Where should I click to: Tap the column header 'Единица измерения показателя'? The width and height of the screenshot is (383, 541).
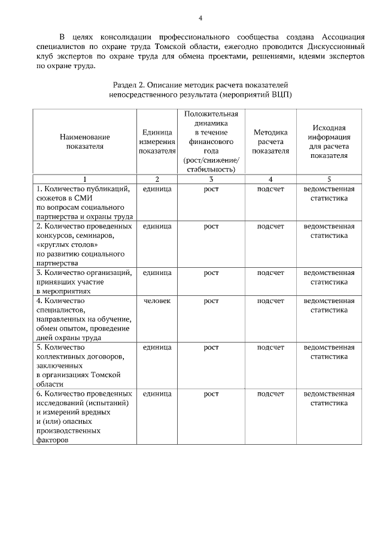157,142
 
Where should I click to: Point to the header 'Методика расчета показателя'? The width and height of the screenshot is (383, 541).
270,142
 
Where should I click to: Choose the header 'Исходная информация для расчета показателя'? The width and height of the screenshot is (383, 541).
329,142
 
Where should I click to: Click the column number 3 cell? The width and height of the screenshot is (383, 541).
211,179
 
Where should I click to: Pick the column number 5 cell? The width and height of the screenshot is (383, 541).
329,179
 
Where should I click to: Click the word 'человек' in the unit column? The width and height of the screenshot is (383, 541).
157,301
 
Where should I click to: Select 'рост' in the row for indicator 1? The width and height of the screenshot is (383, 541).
211,189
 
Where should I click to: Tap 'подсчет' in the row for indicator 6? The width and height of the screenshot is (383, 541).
270,394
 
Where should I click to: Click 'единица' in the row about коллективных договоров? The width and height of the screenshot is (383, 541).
157,347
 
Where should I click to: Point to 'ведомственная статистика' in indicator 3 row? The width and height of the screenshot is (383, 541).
329,277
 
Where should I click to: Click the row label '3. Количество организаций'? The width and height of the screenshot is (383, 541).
84,273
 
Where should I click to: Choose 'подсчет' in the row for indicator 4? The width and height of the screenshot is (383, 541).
270,301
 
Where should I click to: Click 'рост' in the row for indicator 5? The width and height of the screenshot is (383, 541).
211,347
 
